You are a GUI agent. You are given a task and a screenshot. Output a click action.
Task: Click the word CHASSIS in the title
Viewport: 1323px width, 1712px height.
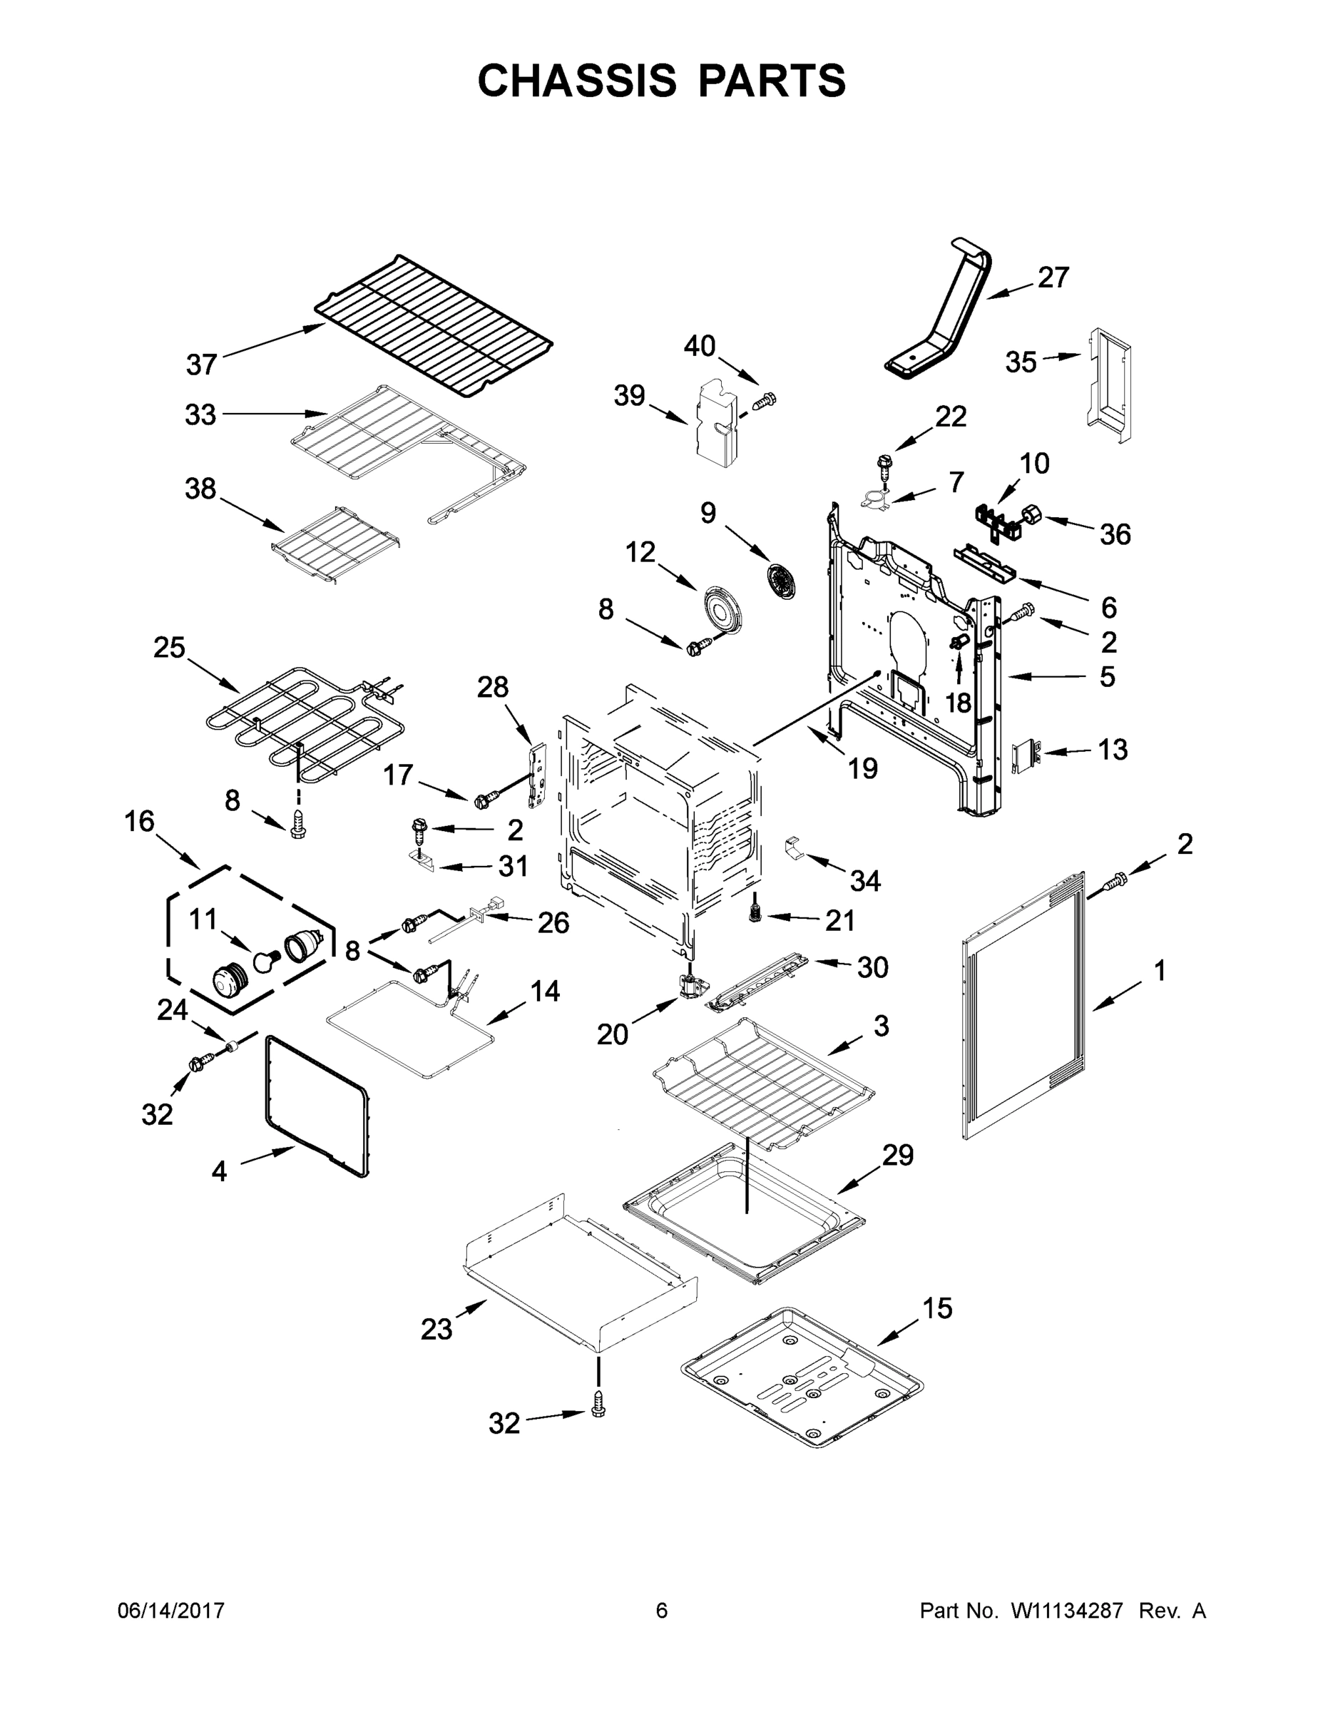pos(577,81)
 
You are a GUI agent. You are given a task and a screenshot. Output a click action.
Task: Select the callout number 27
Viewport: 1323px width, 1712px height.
pos(1053,277)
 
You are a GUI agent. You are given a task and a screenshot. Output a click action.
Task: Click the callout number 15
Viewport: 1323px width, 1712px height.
pos(936,1308)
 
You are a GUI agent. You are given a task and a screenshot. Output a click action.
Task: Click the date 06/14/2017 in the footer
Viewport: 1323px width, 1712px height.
pos(171,1610)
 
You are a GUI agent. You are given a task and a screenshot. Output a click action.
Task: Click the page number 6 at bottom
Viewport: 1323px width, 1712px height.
pos(662,1610)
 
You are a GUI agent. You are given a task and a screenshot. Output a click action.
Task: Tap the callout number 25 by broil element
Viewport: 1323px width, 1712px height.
pos(169,648)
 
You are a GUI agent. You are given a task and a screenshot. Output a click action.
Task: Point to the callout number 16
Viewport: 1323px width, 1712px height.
pos(140,822)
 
